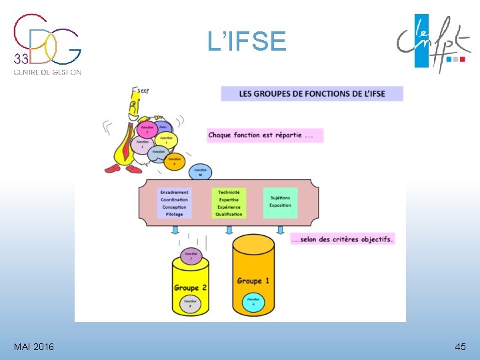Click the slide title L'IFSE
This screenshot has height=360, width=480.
247,42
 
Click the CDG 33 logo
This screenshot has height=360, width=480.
47,44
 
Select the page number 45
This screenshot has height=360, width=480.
460,347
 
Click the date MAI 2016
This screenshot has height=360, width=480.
34,347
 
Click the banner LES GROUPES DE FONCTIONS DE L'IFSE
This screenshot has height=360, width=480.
312,94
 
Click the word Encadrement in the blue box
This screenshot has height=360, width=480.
175,192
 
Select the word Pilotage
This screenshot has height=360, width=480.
175,214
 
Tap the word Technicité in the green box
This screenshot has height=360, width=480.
229,192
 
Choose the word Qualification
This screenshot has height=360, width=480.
229,214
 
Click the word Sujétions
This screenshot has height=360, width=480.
280,197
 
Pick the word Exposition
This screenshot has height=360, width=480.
280,205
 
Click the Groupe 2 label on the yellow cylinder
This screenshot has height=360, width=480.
190,287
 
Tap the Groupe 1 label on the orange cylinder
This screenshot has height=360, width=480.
253,281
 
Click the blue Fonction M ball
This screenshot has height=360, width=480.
200,172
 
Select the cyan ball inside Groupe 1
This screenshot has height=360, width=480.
253,302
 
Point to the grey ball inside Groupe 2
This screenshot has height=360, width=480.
191,303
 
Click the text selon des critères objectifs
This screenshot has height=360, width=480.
343,238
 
